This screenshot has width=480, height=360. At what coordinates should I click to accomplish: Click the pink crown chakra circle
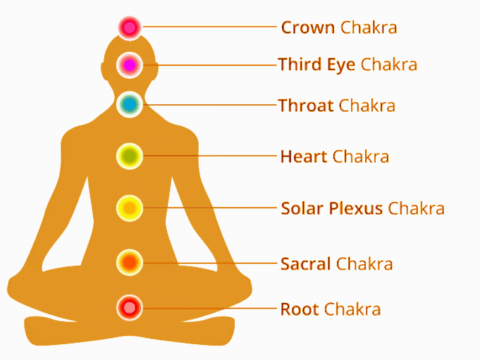point(130,28)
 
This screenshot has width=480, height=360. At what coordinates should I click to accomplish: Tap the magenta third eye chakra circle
point(130,65)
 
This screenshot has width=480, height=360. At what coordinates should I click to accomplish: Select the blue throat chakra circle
point(130,104)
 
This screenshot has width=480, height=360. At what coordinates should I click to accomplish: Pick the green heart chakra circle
point(130,156)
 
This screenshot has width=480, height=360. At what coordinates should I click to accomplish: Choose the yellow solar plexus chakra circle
point(130,208)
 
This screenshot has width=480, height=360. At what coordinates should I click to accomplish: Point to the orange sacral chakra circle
point(130,262)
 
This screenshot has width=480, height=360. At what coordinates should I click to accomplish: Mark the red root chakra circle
point(130,307)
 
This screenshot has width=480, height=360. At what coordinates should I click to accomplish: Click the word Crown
point(307,28)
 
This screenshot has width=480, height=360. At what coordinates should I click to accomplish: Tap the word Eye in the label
point(341,65)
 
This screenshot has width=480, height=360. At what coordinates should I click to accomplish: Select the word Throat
point(306,105)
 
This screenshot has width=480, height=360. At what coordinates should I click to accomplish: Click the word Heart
point(304,157)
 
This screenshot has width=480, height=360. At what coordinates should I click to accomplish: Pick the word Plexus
point(355,208)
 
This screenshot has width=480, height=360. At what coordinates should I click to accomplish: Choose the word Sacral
point(305,264)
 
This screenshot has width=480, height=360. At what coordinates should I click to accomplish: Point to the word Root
point(300,309)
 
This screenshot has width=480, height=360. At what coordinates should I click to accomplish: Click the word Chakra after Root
point(352,309)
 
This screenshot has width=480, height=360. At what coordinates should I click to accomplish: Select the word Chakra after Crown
point(368,28)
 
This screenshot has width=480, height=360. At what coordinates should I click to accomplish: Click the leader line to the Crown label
point(210,27)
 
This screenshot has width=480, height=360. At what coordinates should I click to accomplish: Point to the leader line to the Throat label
point(210,105)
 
